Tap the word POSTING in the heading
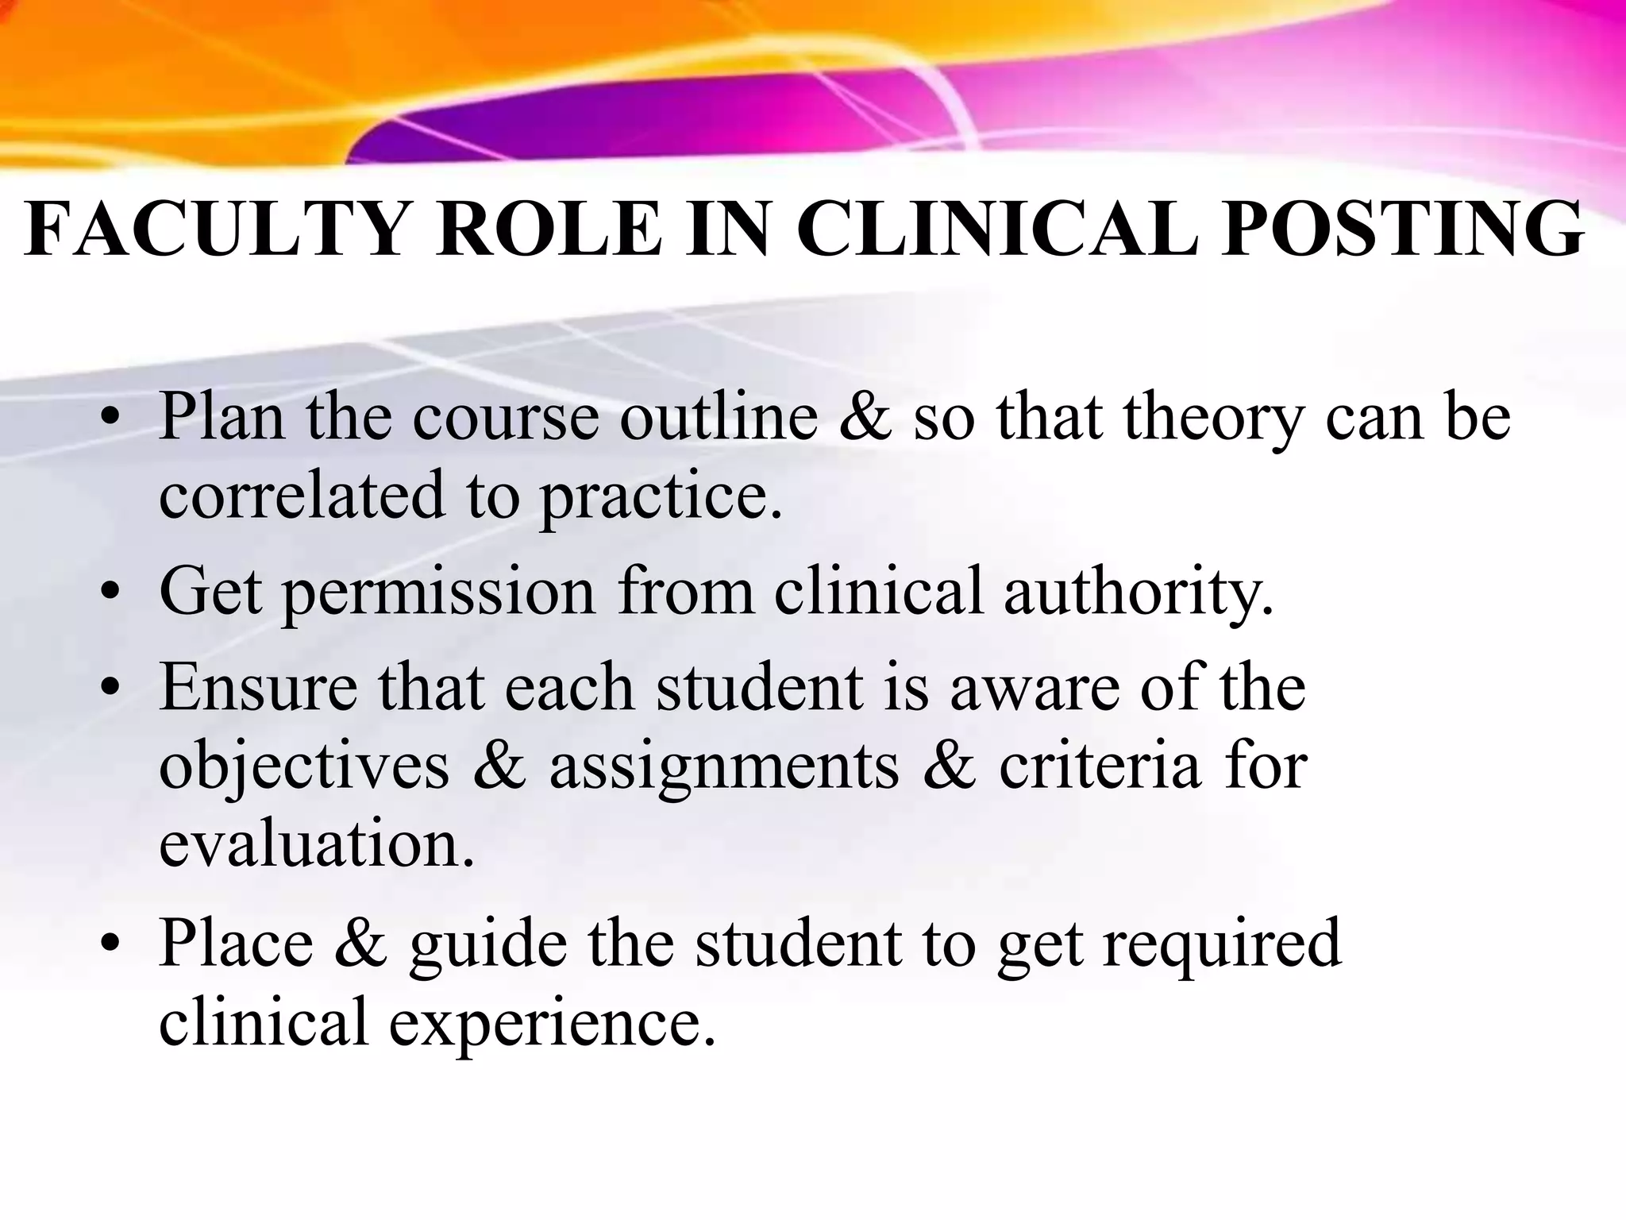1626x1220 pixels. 1402,230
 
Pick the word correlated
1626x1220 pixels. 302,495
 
